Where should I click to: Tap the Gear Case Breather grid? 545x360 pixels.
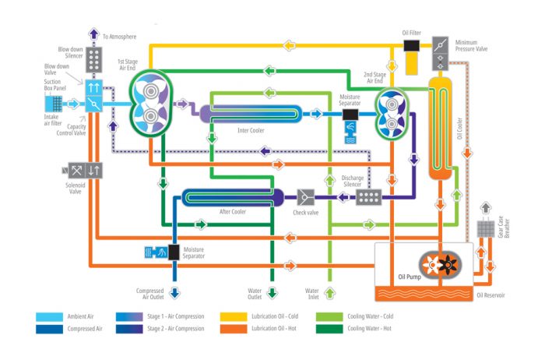point(485,231)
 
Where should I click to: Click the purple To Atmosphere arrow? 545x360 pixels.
point(93,34)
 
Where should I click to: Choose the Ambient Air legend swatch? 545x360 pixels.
point(49,318)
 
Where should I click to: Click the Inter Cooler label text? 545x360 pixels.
point(251,130)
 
